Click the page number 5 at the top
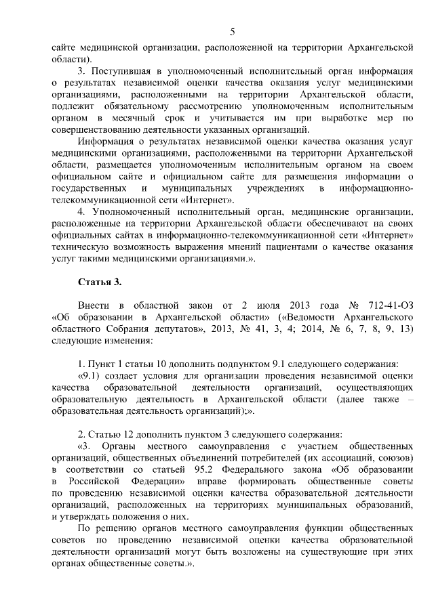point(233,32)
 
